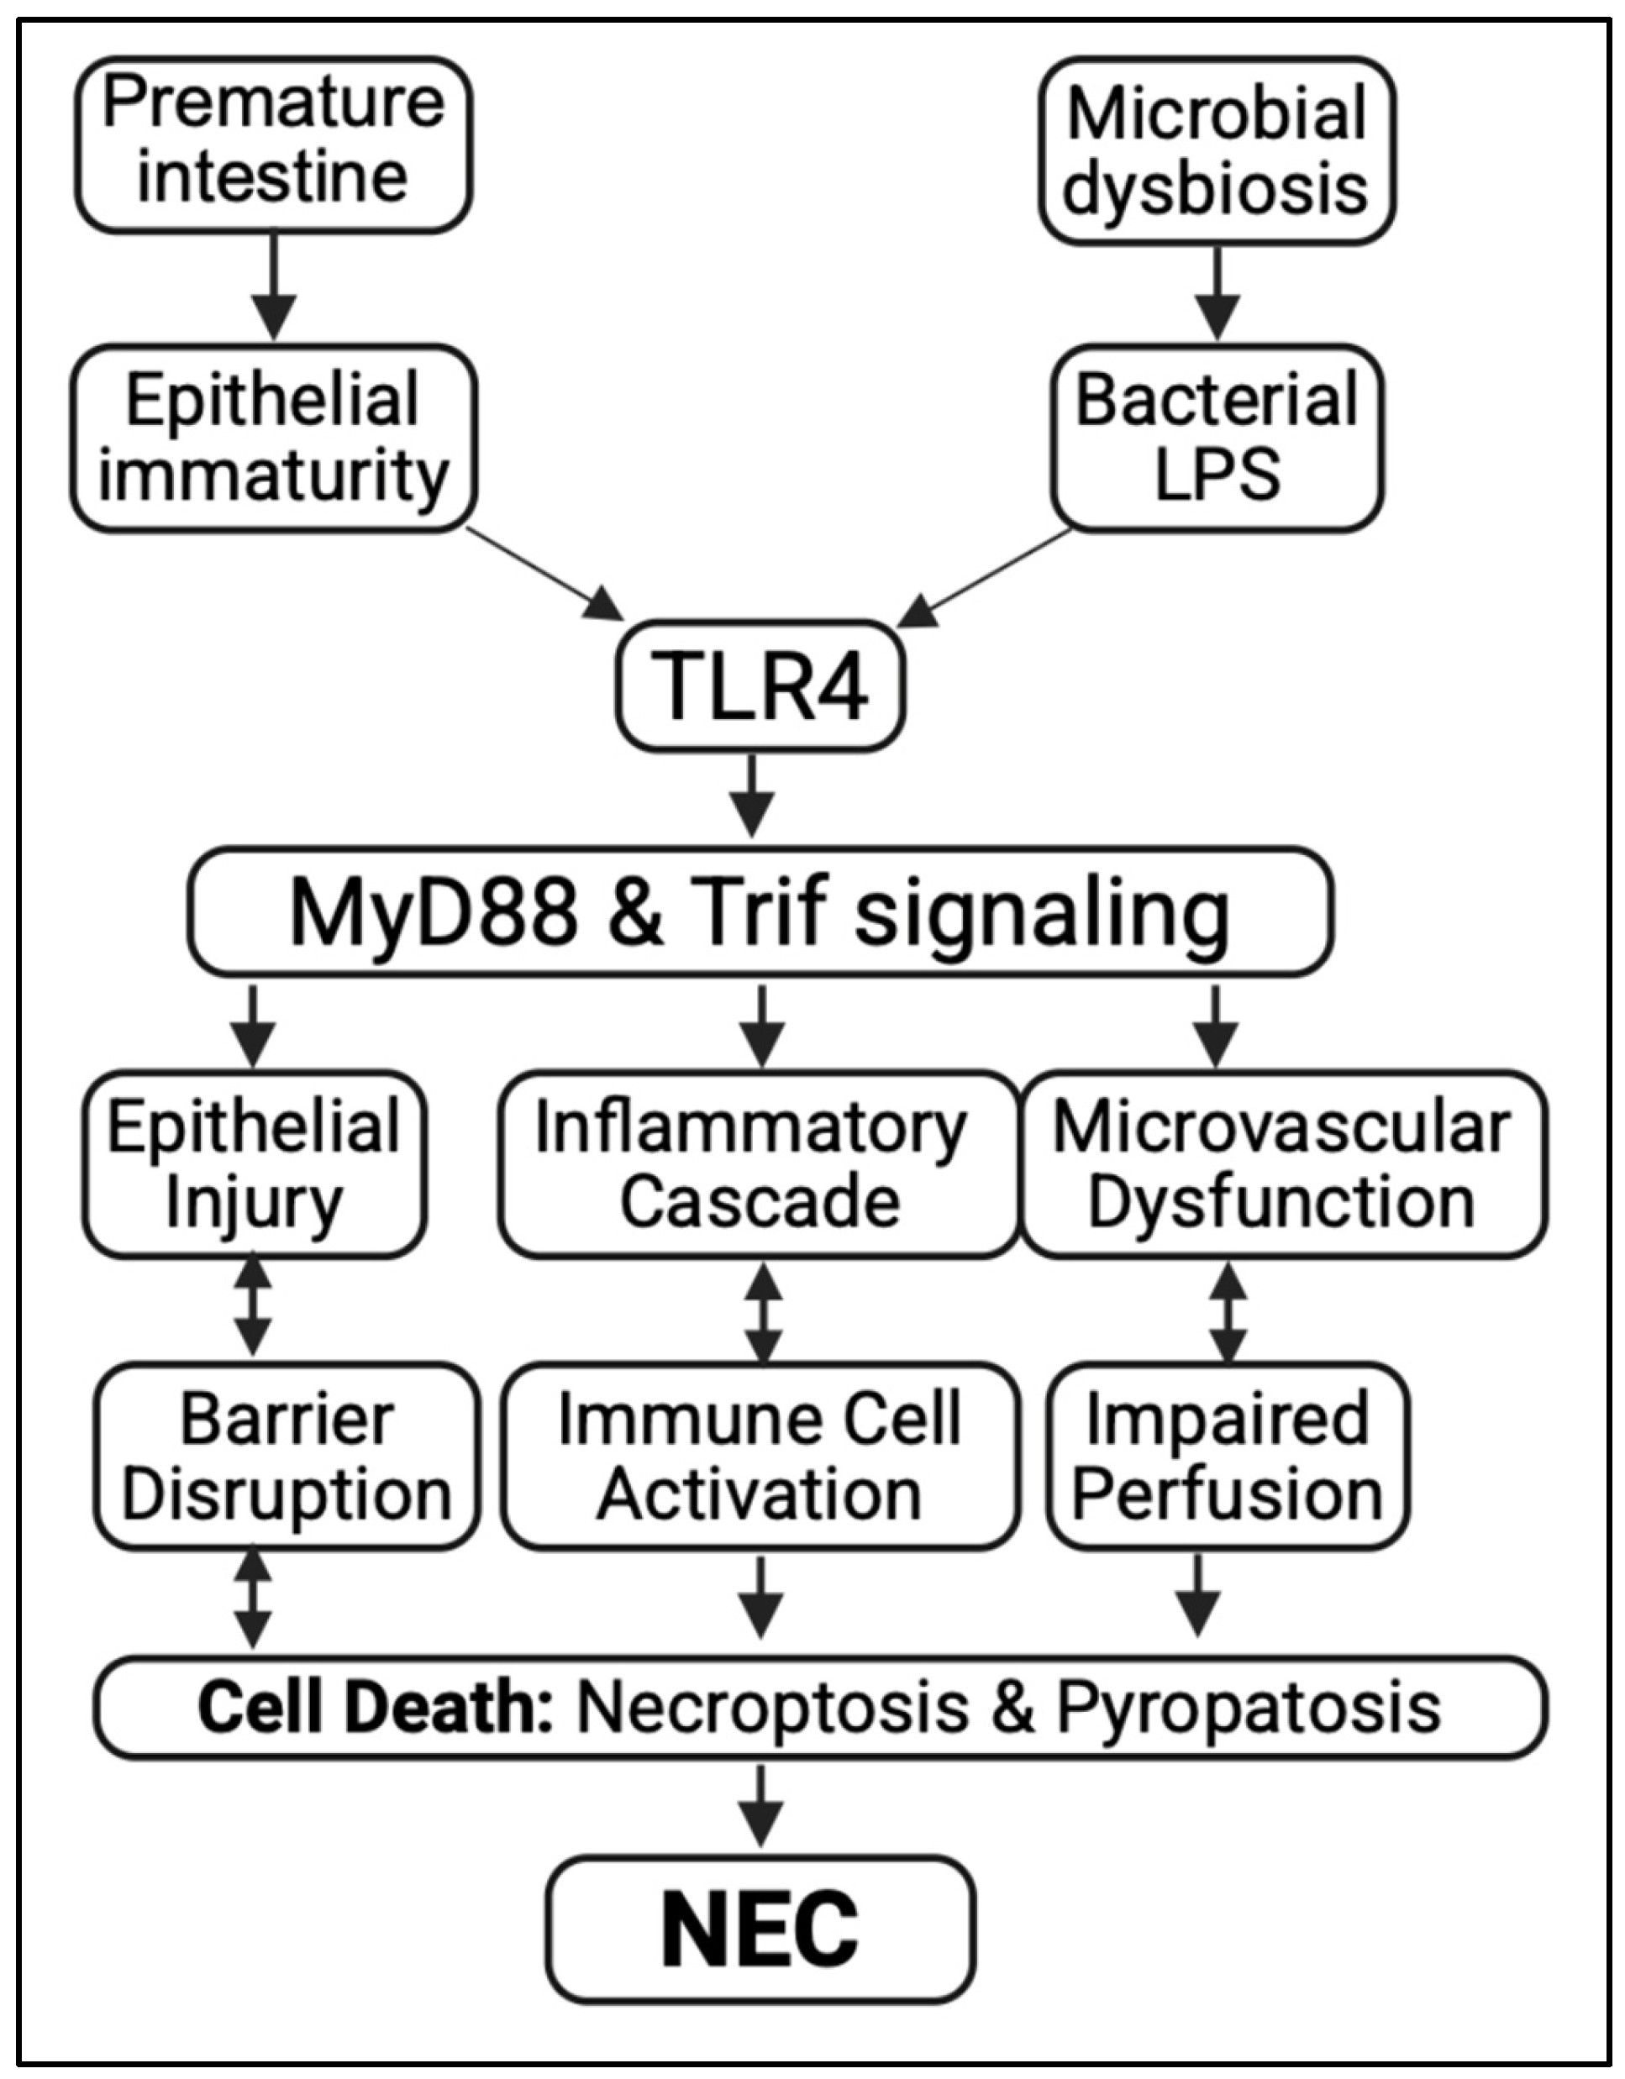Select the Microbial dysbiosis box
[1216, 150]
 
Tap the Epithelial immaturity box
[273, 437]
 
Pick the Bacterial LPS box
[1216, 437]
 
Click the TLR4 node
[760, 686]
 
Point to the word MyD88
[434, 912]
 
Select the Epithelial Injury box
[253, 1163]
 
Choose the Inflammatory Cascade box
[759, 1163]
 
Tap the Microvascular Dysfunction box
[1282, 1163]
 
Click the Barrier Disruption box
[286, 1457]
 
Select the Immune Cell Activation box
[759, 1457]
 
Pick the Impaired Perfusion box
[1227, 1457]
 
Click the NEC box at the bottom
[760, 1928]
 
